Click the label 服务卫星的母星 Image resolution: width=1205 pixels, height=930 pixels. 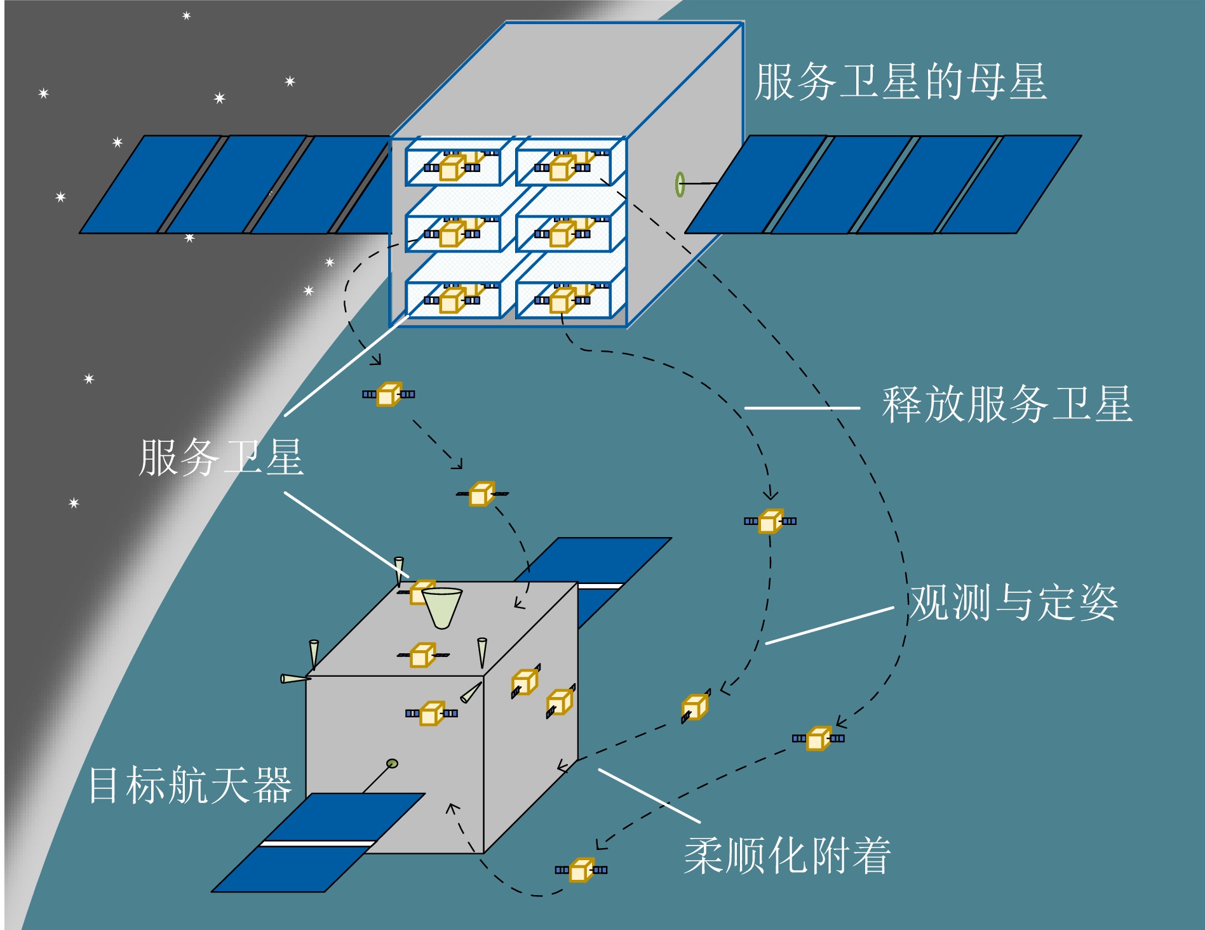point(900,83)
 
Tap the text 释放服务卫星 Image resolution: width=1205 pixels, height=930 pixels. point(1007,404)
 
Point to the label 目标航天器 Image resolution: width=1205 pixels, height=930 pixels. point(190,785)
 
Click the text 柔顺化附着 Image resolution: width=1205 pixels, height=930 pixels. point(787,856)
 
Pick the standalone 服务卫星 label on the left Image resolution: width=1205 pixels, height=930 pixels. point(221,457)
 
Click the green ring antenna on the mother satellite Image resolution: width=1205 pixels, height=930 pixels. point(680,184)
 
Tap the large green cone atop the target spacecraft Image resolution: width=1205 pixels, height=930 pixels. point(442,607)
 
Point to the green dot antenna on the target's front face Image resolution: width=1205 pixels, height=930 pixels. point(392,763)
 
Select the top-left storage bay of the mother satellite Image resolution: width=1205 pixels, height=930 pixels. point(454,163)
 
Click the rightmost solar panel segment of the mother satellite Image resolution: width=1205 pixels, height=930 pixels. point(1010,184)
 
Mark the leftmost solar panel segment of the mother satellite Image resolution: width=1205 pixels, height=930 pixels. point(151,184)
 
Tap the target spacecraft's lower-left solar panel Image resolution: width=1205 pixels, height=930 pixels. point(318,843)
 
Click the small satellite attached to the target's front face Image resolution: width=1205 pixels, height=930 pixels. point(431,713)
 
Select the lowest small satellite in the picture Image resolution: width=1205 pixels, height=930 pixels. point(581,870)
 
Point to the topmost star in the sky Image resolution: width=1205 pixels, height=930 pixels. point(187,16)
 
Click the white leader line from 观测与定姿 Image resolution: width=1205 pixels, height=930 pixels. point(829,626)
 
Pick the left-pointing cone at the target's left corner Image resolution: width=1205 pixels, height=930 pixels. point(295,679)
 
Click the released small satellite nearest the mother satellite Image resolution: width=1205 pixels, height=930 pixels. point(388,394)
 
